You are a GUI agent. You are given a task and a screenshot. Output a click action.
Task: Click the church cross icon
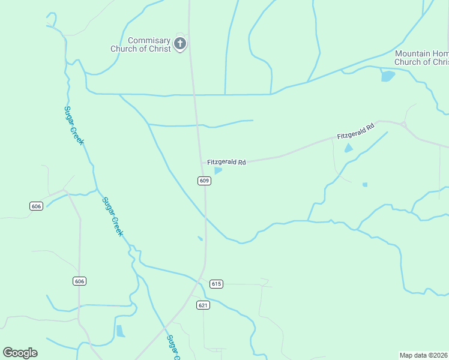click(180, 43)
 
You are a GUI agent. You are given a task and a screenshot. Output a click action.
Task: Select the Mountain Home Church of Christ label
click(421, 58)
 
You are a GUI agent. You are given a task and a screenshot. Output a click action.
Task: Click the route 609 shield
click(204, 181)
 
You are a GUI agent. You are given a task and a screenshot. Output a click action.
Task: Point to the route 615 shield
click(217, 284)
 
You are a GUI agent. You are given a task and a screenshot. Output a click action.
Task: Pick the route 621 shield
click(203, 305)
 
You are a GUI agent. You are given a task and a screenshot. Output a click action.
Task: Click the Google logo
click(20, 353)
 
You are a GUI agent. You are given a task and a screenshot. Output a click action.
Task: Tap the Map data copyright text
click(424, 355)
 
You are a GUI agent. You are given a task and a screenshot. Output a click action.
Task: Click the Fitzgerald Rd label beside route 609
click(226, 162)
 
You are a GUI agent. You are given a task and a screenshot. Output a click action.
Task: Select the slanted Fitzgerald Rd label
click(355, 132)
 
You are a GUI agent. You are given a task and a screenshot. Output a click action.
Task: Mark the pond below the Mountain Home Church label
click(388, 76)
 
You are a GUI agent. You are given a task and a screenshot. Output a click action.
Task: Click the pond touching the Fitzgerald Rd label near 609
click(218, 170)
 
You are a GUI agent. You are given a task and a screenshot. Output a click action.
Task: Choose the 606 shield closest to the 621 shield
click(79, 281)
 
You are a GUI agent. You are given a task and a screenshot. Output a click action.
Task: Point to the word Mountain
click(414, 53)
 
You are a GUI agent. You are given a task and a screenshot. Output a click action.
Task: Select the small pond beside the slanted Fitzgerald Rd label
click(349, 148)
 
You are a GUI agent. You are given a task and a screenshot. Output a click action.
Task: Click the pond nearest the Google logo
click(121, 331)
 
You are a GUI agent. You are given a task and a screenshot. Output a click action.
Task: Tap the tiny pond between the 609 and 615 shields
click(200, 239)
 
